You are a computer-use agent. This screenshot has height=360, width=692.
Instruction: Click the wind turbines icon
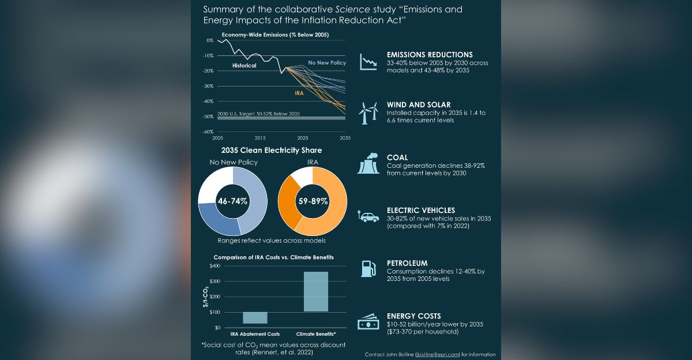(x=368, y=113)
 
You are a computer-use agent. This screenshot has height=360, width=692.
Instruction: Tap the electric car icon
(x=369, y=217)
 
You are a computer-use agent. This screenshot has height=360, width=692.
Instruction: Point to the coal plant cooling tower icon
(x=368, y=164)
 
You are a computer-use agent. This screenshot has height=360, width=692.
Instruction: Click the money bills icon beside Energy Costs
(x=368, y=322)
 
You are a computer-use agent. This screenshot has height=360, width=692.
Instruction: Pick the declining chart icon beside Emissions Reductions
(x=368, y=61)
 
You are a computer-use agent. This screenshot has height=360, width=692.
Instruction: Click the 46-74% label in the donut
(x=232, y=201)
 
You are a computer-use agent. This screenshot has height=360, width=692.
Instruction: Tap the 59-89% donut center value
(x=313, y=201)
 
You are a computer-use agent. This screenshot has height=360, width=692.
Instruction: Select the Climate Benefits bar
(x=315, y=291)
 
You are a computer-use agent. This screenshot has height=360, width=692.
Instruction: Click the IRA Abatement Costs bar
(x=255, y=317)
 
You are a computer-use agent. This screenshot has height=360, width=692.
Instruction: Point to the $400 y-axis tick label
(x=215, y=266)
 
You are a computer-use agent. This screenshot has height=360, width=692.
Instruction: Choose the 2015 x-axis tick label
(x=260, y=138)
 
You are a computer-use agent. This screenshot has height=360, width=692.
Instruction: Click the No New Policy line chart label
(x=327, y=62)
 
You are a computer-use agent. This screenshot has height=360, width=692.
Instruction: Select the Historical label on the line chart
(x=244, y=66)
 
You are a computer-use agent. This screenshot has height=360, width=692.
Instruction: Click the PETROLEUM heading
(x=407, y=263)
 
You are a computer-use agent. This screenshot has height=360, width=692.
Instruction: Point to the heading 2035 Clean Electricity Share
(x=272, y=151)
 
